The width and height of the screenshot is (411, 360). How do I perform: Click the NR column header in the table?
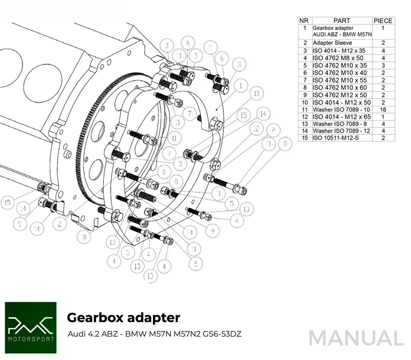click(x=305, y=20)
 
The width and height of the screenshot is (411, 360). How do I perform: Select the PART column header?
click(x=342, y=20)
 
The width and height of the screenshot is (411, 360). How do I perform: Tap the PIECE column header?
click(x=383, y=20)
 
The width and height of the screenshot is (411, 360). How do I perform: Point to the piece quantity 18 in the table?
click(x=383, y=109)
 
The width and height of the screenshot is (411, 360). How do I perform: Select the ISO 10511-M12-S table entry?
click(x=336, y=138)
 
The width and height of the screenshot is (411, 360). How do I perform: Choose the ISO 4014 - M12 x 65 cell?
click(x=342, y=117)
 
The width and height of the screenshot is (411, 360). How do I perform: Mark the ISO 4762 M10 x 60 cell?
click(x=339, y=88)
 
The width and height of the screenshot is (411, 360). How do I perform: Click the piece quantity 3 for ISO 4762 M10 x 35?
click(x=383, y=65)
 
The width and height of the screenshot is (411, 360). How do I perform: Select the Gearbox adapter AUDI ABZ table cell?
click(x=342, y=31)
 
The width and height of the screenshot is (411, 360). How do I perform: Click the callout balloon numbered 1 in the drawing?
click(x=240, y=86)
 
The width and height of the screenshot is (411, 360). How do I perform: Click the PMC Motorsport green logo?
click(x=31, y=328)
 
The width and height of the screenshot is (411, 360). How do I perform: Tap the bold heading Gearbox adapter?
click(x=123, y=317)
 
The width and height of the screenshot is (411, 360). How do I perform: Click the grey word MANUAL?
click(x=356, y=338)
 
